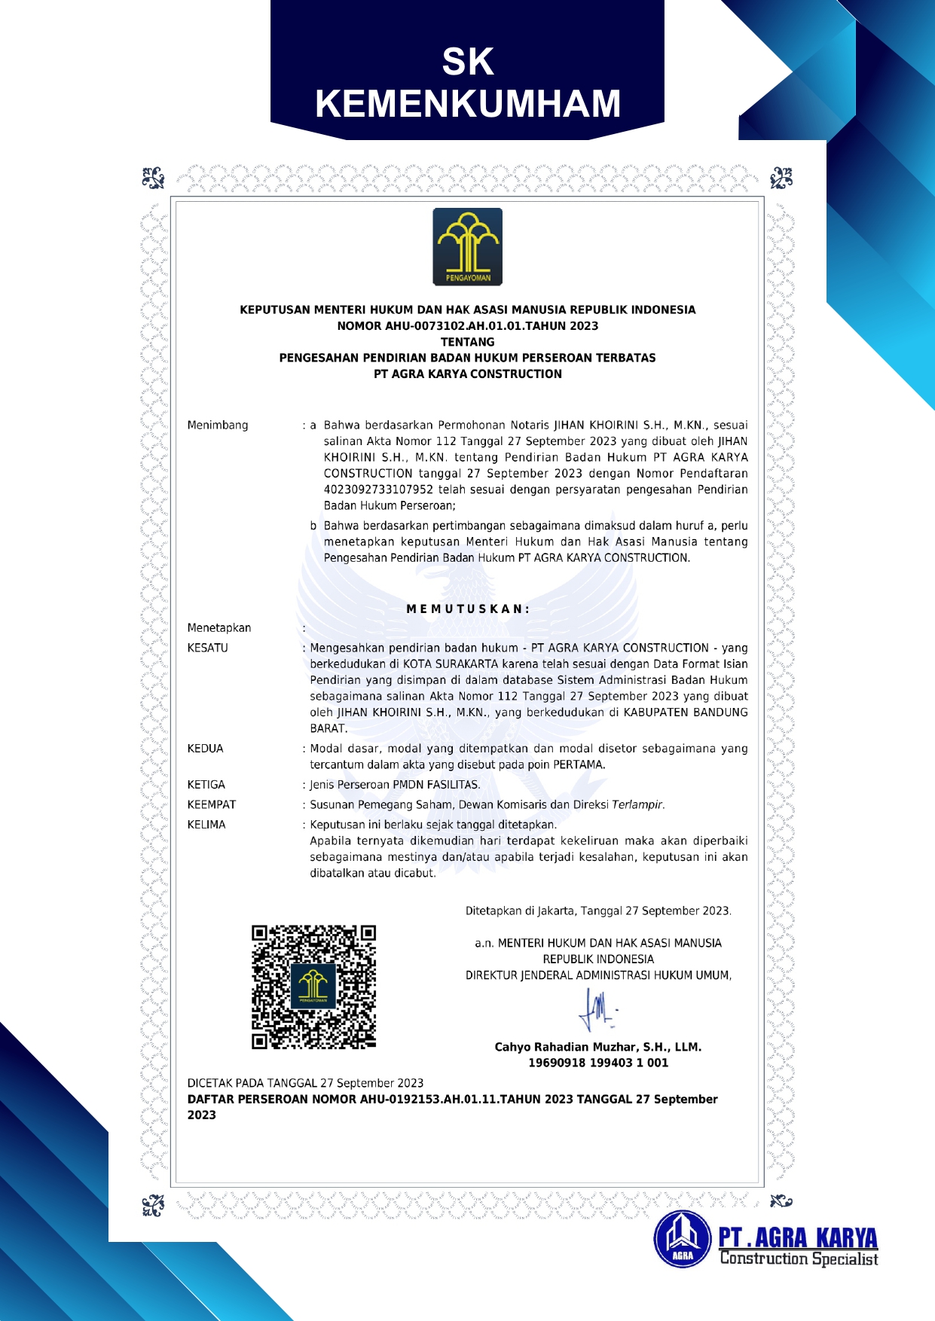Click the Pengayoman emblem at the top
click(467, 247)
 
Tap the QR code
click(313, 987)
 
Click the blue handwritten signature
click(598, 1010)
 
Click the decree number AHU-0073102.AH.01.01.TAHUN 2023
click(467, 326)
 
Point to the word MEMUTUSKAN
click(468, 609)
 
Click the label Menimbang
click(218, 426)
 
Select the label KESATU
click(207, 648)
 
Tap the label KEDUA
click(205, 749)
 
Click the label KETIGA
click(206, 785)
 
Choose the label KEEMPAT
click(212, 805)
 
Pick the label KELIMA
click(206, 825)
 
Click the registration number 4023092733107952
click(378, 490)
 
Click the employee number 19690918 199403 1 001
click(598, 1063)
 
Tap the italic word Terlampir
click(637, 805)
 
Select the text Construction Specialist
click(799, 1258)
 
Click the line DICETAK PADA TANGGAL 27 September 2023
click(305, 1083)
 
